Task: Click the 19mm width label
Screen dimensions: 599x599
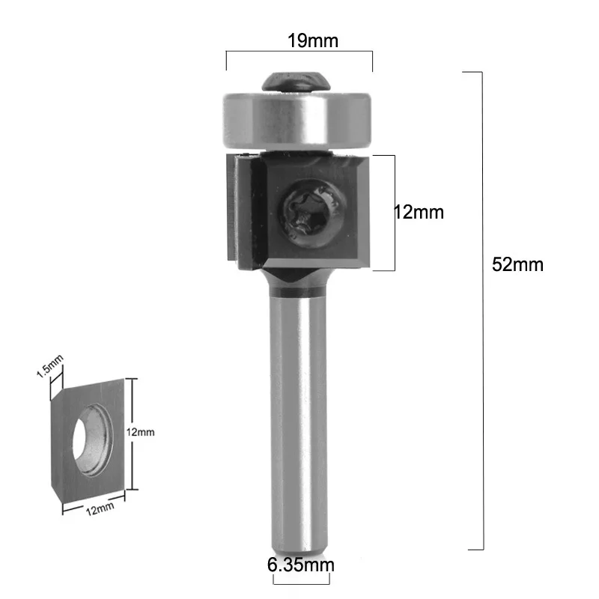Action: coord(313,41)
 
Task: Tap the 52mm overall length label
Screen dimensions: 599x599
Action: coord(517,265)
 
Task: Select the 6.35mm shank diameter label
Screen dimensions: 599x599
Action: coord(301,565)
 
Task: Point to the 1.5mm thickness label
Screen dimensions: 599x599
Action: coord(50,366)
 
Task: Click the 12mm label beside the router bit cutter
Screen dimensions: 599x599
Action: coord(419,213)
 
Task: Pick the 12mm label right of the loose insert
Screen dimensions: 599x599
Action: coord(141,432)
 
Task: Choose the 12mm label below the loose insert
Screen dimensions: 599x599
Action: coord(100,509)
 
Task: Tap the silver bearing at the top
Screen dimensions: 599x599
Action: coord(297,120)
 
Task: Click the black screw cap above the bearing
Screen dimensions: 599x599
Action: coord(296,82)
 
